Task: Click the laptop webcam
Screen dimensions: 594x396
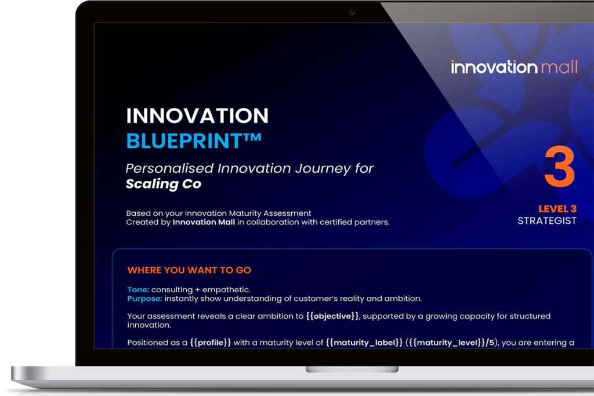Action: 352,12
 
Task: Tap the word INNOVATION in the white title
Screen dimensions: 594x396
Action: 197,116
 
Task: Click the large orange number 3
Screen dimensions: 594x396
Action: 560,167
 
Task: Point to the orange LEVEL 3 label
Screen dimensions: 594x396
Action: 557,209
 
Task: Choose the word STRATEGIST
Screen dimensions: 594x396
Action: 547,221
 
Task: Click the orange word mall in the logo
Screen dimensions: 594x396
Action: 559,67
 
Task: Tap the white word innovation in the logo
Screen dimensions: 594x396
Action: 494,67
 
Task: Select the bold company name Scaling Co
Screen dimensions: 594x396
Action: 163,184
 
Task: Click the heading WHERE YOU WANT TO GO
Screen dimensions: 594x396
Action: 189,270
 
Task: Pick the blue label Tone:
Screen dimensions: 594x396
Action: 138,290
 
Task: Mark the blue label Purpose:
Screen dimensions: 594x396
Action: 144,299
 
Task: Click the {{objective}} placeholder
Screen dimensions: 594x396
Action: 332,316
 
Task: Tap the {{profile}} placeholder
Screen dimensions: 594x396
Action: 210,343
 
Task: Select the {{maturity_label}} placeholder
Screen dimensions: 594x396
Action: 364,343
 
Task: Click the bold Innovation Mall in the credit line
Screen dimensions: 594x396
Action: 204,222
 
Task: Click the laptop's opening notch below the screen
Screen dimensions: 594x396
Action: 352,369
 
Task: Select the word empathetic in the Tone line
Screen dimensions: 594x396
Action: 226,290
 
